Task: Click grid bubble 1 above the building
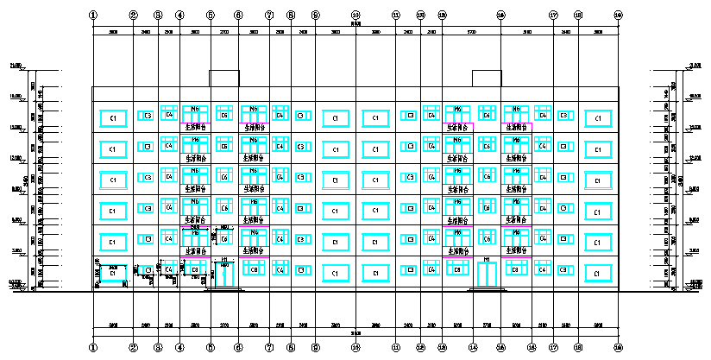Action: [93, 16]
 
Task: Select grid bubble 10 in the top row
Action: [355, 16]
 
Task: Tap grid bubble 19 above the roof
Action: [618, 16]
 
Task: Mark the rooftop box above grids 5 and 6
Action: [224, 78]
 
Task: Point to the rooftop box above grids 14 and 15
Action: [487, 78]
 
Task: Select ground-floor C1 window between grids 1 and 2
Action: [112, 273]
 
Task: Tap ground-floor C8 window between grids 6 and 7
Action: [254, 270]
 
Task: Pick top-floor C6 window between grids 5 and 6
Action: [224, 115]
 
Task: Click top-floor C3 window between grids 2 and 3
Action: [148, 115]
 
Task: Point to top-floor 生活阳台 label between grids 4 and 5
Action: [195, 126]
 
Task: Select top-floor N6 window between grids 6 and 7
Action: [254, 110]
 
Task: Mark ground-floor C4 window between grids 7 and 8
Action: [280, 269]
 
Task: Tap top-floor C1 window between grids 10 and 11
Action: [375, 117]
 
